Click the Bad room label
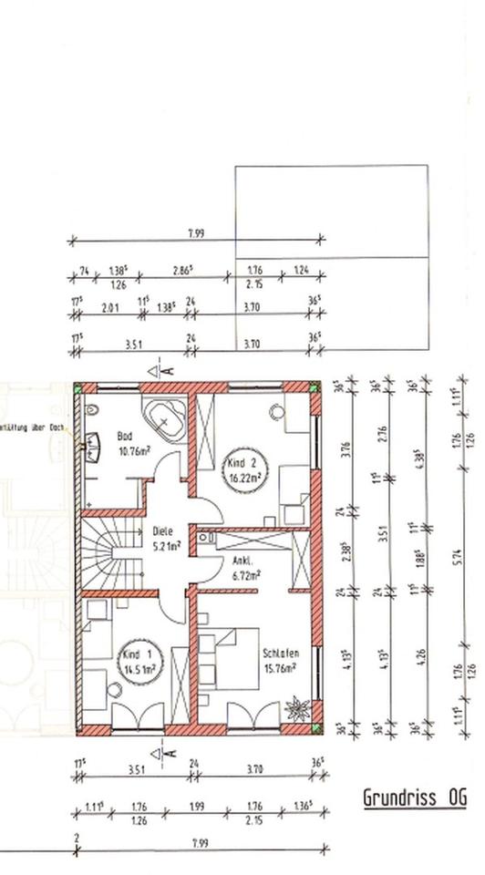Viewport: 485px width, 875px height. (125, 436)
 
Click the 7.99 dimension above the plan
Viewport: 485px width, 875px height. (196, 233)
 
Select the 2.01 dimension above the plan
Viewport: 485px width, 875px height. (110, 307)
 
